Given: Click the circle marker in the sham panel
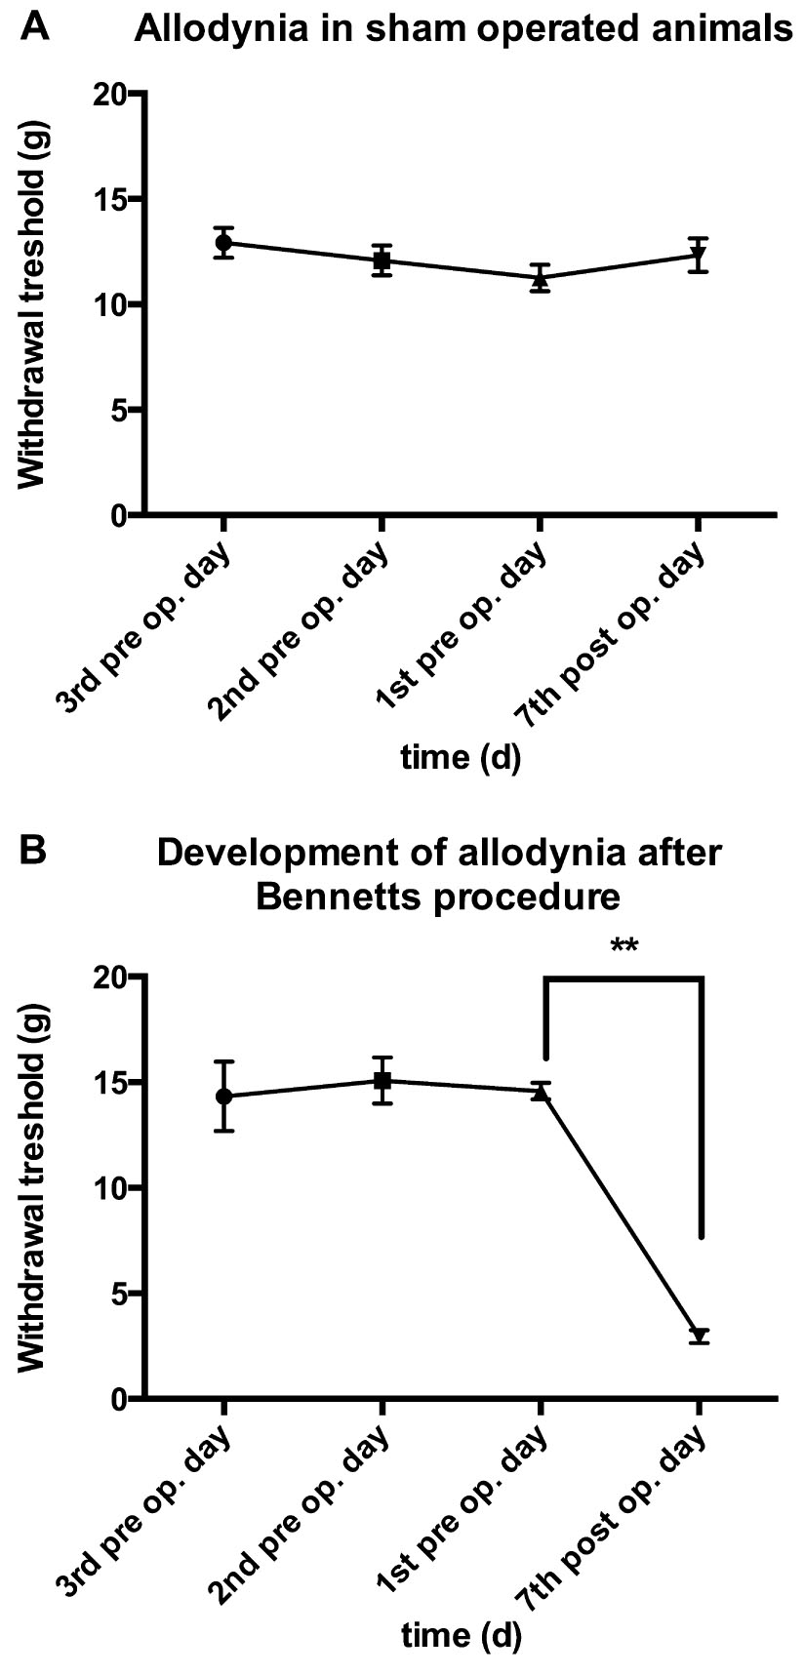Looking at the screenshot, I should [224, 242].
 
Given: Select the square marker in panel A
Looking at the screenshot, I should [382, 260].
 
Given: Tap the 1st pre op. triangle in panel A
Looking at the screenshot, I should [541, 278].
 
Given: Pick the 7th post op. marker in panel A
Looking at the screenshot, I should [699, 257].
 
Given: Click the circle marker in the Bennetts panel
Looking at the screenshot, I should [224, 1096].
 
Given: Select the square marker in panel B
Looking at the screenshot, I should [382, 1080].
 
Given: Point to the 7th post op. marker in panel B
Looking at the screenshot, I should [699, 1336].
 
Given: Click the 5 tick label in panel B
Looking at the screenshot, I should [120, 1294].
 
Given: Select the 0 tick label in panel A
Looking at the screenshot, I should [120, 515].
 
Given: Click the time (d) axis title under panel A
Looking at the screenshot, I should [461, 758].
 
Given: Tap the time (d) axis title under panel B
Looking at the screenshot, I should [461, 1635].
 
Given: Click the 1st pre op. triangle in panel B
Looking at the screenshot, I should [541, 1093].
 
